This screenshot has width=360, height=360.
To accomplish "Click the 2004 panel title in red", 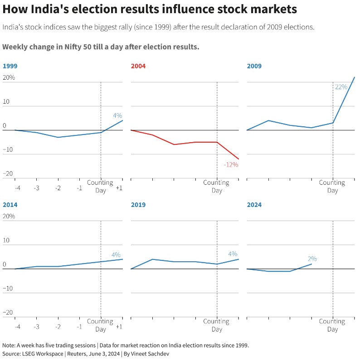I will click(x=138, y=66).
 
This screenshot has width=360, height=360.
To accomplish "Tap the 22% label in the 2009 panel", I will click(x=341, y=87).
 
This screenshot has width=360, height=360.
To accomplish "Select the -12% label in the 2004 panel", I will click(x=231, y=165).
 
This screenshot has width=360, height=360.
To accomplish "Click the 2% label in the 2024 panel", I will click(x=312, y=259).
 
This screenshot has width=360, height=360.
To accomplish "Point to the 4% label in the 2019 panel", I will click(x=233, y=254).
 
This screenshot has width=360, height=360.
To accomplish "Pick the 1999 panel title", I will click(x=10, y=66).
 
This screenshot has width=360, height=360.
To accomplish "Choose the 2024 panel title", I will click(x=254, y=205).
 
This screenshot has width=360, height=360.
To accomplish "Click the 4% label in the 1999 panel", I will click(x=117, y=115).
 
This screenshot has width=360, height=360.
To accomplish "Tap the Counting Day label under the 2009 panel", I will click(x=332, y=187).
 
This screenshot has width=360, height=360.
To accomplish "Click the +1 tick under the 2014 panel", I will click(x=119, y=326).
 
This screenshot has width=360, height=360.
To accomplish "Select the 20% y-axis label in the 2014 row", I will click(x=9, y=216).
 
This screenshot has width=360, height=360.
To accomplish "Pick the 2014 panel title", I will click(x=10, y=205).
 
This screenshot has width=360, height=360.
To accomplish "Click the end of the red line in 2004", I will click(x=238, y=159).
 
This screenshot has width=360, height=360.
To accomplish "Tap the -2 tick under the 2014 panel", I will click(x=58, y=326).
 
